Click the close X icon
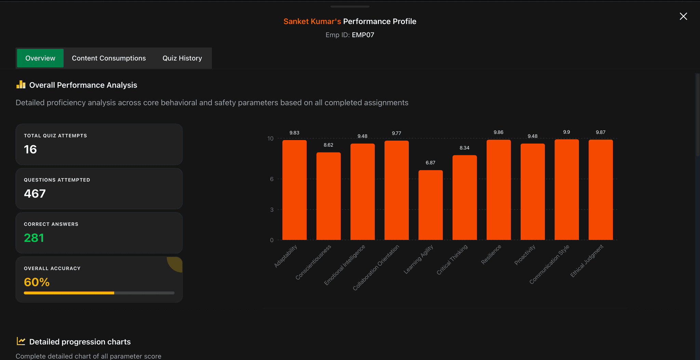click(x=683, y=16)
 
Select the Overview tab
click(x=40, y=58)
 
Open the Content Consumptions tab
click(x=109, y=58)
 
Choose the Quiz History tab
click(x=182, y=58)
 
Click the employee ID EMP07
click(x=363, y=35)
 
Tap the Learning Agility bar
click(x=430, y=205)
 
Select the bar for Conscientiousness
click(x=328, y=196)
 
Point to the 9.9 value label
click(x=566, y=132)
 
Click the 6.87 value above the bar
click(x=430, y=163)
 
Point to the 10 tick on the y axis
click(x=270, y=138)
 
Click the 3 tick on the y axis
click(x=272, y=210)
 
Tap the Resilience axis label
click(x=491, y=254)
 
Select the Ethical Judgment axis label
click(x=587, y=261)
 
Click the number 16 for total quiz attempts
click(x=30, y=149)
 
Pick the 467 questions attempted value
click(x=35, y=194)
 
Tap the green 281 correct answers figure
click(x=34, y=238)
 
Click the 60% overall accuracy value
click(x=37, y=282)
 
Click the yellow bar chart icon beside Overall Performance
click(x=21, y=85)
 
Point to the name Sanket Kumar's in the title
click(x=312, y=22)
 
